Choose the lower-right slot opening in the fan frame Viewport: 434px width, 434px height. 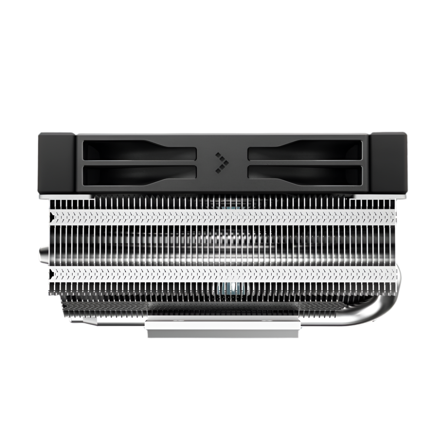305,174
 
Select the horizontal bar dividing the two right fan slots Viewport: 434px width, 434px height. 305,163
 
